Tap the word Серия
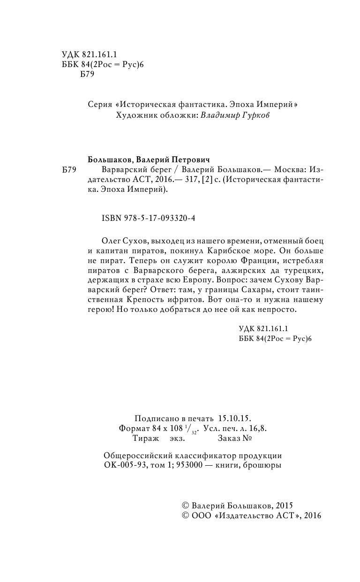pos(100,105)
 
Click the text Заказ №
pos(235,439)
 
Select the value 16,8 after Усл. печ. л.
pos(265,429)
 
